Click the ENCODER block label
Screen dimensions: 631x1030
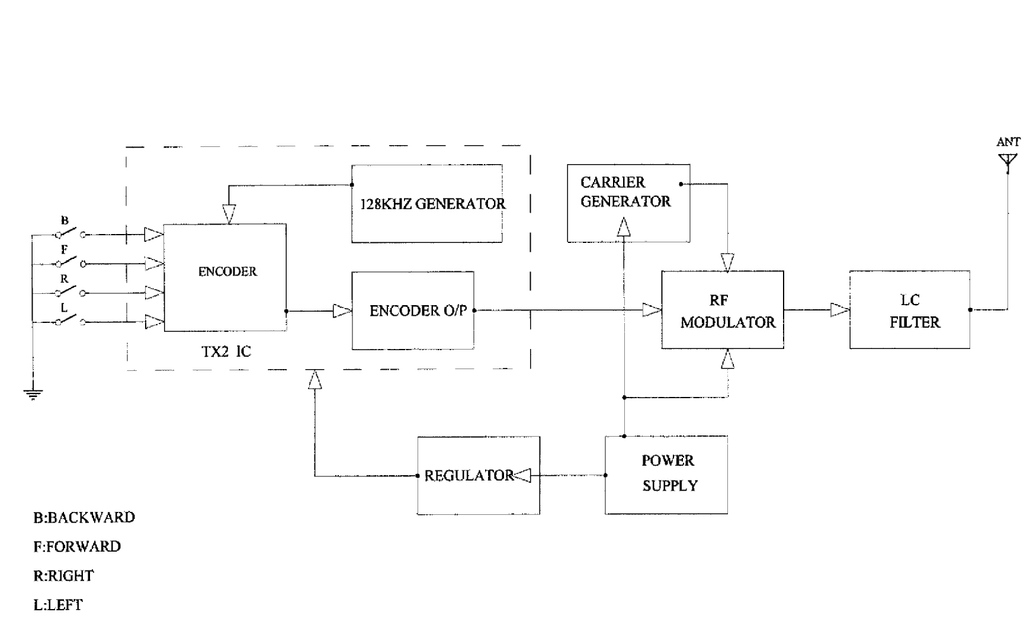(x=227, y=272)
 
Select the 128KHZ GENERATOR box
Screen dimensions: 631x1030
(x=427, y=204)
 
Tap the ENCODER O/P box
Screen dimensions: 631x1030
(x=413, y=310)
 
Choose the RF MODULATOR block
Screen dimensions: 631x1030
(x=723, y=310)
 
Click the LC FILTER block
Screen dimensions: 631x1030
(x=909, y=310)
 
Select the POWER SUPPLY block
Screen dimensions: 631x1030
(x=666, y=475)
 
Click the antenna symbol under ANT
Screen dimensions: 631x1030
(x=1007, y=161)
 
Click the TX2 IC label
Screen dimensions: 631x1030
(x=226, y=352)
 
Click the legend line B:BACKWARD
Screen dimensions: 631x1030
(x=84, y=517)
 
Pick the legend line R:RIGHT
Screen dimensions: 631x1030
(x=63, y=576)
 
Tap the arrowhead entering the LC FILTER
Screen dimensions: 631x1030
(x=839, y=310)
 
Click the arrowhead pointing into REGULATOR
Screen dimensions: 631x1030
(x=522, y=475)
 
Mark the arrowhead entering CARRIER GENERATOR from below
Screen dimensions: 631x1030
(x=624, y=228)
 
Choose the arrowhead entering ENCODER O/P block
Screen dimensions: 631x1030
(x=342, y=310)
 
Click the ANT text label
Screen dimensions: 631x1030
(x=1008, y=142)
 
